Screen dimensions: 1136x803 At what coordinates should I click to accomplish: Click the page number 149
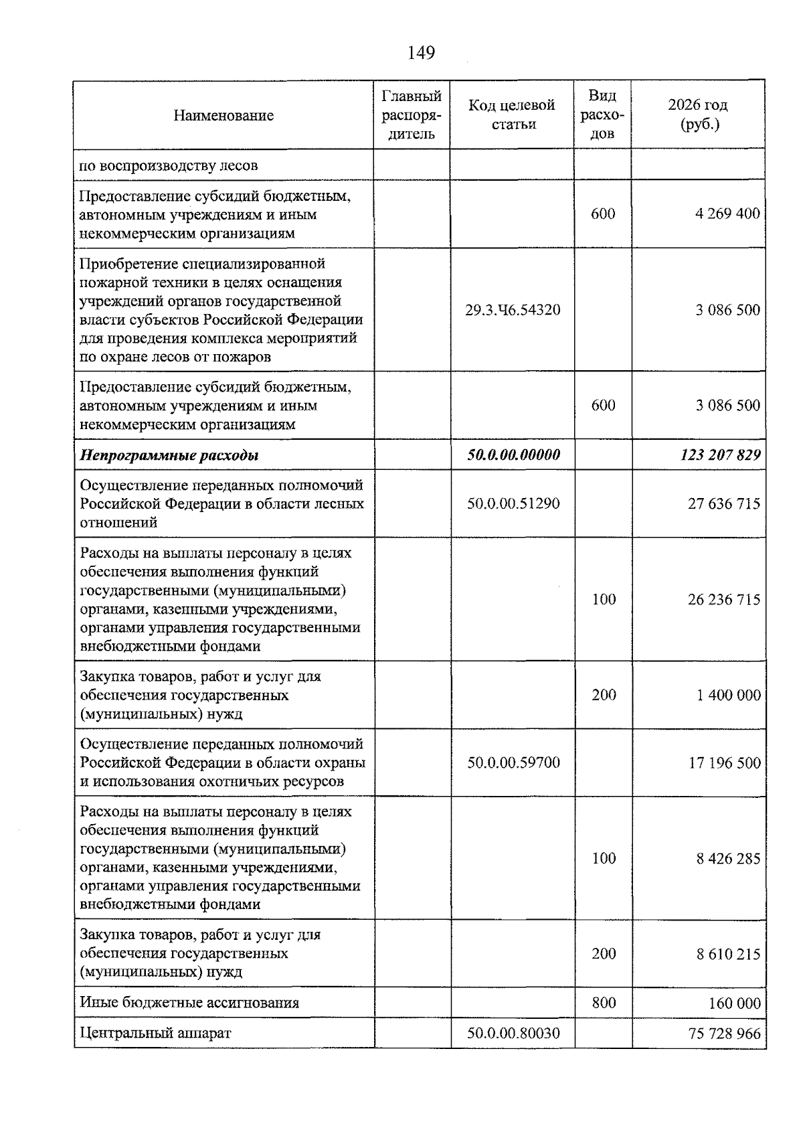click(421, 52)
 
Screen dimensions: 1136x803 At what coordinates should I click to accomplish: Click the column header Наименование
click(224, 116)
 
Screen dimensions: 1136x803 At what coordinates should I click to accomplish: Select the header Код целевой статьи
click(512, 115)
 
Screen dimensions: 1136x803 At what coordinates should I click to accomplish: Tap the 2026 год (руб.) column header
click(698, 115)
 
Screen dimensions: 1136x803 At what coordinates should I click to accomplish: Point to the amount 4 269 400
click(727, 214)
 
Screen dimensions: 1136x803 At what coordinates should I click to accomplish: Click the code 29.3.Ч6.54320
click(513, 310)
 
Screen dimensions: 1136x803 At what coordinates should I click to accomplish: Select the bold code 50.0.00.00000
click(513, 455)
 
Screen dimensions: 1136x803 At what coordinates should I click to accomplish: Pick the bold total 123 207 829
click(720, 455)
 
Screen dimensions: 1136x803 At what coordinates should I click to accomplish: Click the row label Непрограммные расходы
click(169, 455)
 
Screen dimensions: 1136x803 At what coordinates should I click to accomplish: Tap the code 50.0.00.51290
click(513, 503)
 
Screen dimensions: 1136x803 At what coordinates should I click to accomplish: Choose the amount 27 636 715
click(724, 503)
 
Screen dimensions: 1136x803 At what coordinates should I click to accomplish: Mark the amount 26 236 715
click(724, 599)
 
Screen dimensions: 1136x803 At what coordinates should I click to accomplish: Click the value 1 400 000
click(728, 695)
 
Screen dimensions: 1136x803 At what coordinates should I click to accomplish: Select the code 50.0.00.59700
click(513, 762)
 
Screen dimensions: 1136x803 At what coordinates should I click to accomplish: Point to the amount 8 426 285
click(728, 858)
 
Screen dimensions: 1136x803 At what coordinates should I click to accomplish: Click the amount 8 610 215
click(728, 954)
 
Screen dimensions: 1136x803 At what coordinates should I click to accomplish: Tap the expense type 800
click(604, 1002)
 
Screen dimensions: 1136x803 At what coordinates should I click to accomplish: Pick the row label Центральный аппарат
click(155, 1033)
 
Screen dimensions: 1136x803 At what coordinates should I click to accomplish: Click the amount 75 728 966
click(724, 1034)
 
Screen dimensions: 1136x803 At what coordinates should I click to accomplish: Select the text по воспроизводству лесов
click(169, 165)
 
